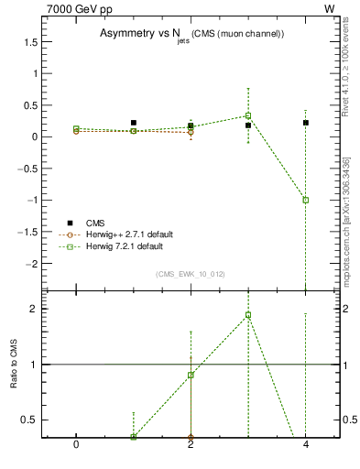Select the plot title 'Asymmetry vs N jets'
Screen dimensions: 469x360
(x=191, y=34)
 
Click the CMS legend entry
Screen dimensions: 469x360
(x=95, y=223)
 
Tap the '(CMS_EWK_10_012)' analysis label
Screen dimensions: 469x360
(x=191, y=274)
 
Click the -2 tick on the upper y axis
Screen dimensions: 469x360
(x=35, y=263)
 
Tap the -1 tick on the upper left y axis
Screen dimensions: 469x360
(x=35, y=200)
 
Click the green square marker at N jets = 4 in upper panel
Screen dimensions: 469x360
(x=305, y=200)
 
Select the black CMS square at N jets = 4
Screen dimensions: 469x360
(x=305, y=123)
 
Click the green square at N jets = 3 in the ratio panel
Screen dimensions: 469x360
(x=248, y=315)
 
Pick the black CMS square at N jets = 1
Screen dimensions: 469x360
(x=134, y=123)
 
